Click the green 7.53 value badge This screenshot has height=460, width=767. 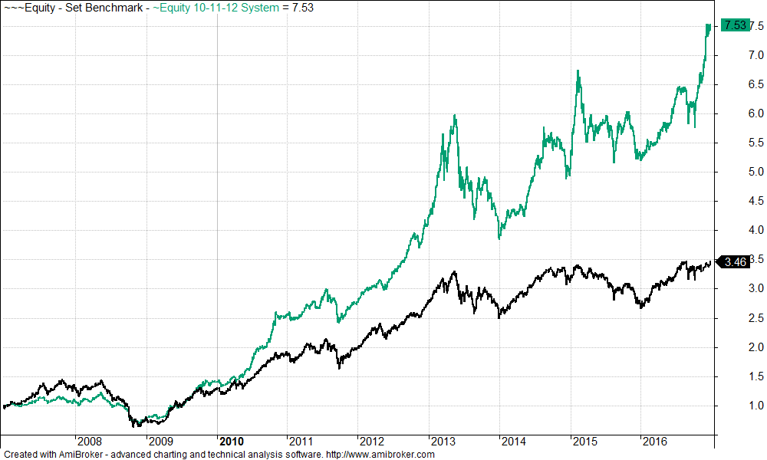pos(734,25)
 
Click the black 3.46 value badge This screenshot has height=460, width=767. pos(735,262)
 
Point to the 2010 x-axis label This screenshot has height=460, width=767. pos(231,442)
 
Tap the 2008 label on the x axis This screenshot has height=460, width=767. pos(90,442)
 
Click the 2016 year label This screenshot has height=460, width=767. pos(654,442)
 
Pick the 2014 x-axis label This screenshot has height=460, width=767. pos(513,442)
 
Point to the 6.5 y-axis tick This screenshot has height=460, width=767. pos(755,84)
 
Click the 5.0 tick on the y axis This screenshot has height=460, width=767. pos(755,172)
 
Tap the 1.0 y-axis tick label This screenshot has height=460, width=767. pos(755,406)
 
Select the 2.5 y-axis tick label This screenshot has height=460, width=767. pos(755,318)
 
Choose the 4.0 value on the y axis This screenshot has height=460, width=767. pos(755,230)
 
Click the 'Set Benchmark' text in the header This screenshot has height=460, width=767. pos(106,8)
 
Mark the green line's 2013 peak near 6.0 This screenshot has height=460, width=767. pos(455,116)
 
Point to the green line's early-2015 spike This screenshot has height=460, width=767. pos(578,71)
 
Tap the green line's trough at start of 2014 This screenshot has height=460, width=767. pos(499,238)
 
